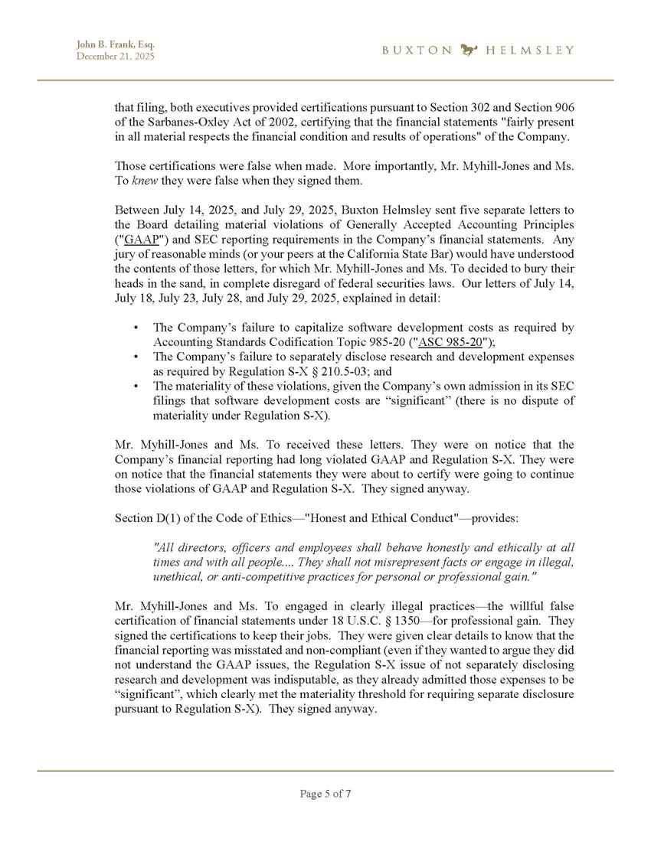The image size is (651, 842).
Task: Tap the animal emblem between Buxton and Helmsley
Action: pos(469,51)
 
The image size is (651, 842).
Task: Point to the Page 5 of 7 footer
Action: pos(325,794)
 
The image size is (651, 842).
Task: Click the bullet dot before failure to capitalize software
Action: pos(136,328)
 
